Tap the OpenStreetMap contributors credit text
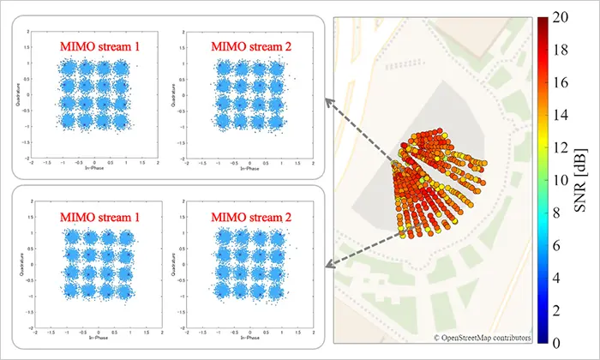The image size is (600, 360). [x=482, y=338]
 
